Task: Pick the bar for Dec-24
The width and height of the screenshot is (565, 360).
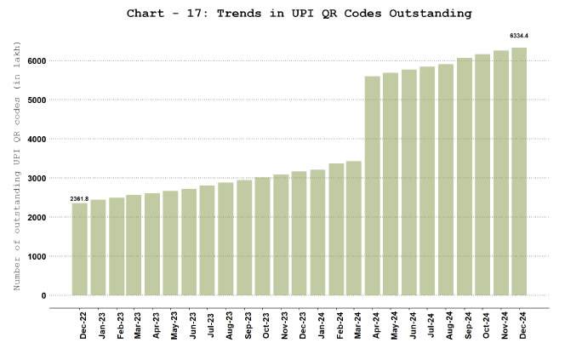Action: click(x=519, y=171)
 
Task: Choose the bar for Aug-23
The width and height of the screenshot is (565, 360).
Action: click(x=225, y=238)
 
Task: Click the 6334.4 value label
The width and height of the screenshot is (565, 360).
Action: click(x=519, y=36)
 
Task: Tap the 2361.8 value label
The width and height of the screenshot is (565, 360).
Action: click(x=79, y=198)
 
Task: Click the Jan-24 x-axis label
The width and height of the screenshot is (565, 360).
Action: click(x=321, y=324)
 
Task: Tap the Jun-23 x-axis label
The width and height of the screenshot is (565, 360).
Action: click(x=192, y=324)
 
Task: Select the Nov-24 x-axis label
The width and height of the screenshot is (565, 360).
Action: click(x=504, y=324)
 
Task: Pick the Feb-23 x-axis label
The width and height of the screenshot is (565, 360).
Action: click(x=119, y=324)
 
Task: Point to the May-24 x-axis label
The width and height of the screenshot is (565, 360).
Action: click(x=394, y=324)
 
